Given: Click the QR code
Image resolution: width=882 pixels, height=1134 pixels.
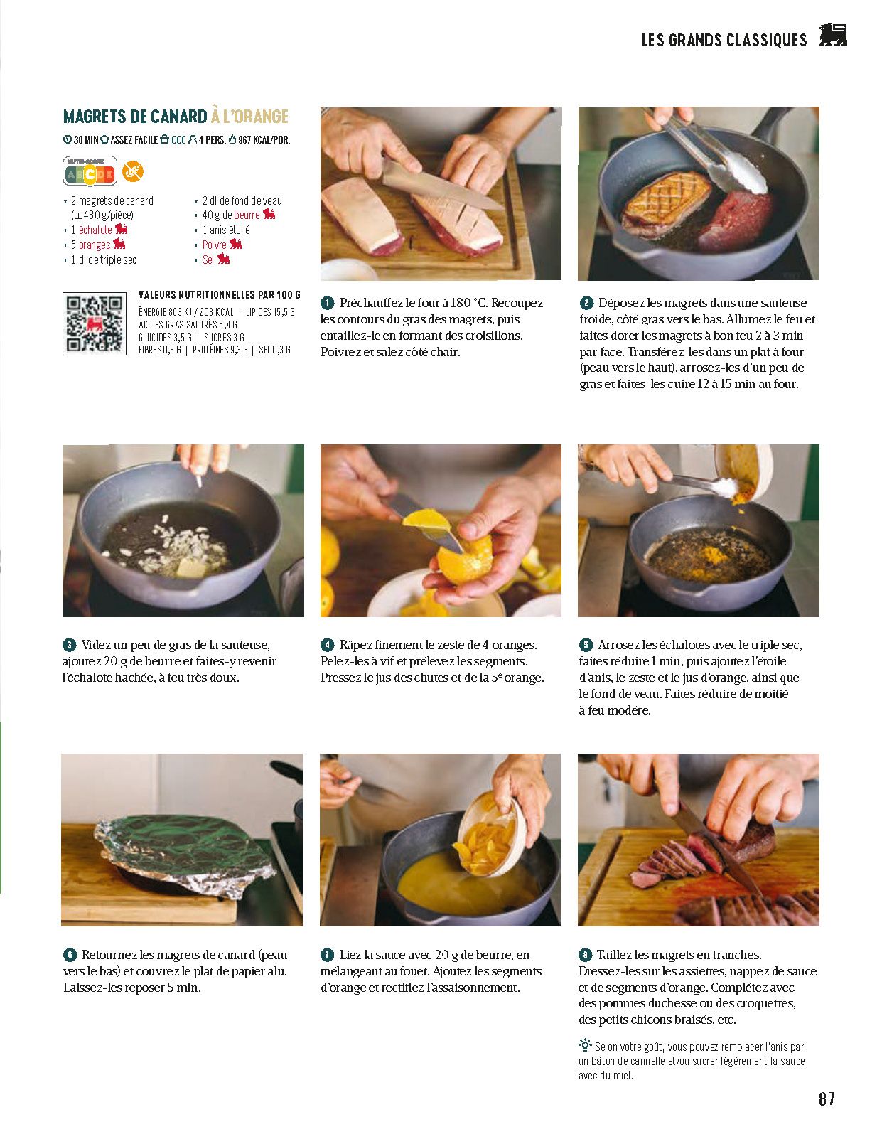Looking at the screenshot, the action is click(95, 323).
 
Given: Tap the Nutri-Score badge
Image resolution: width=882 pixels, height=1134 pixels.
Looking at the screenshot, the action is click(90, 171).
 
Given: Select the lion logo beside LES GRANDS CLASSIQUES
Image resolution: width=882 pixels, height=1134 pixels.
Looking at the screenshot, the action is click(832, 35).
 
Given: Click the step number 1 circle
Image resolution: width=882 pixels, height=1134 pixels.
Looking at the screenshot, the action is click(327, 303).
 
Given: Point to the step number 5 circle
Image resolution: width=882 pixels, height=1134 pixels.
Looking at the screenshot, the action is click(586, 645).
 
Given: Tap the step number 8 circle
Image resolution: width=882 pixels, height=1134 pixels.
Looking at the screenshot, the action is click(585, 955).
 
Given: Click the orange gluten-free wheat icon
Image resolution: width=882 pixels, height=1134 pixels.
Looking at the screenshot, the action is click(132, 171).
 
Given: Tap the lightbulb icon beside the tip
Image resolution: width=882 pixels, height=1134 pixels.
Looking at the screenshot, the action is click(585, 1044).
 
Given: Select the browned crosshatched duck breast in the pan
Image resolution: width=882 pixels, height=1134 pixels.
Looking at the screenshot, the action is click(666, 200).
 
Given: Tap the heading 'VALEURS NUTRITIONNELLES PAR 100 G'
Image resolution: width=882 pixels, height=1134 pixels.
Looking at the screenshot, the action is click(219, 295).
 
